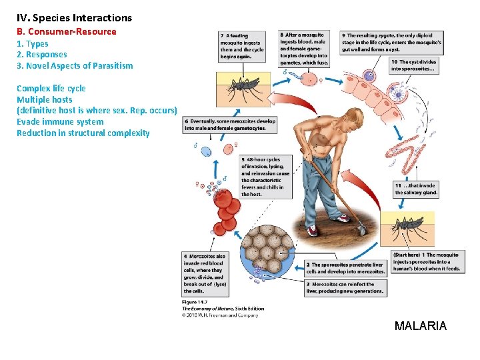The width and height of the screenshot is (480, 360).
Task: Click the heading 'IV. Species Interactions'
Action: point(74,18)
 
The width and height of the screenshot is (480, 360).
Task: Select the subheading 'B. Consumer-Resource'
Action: point(66,31)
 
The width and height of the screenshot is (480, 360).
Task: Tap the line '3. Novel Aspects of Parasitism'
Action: point(74,65)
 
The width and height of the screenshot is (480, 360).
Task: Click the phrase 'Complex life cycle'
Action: point(51,88)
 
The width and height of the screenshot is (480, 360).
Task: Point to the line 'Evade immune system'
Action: point(59,121)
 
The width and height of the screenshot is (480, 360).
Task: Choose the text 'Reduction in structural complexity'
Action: point(83,133)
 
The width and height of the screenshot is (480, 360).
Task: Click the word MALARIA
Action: point(420,326)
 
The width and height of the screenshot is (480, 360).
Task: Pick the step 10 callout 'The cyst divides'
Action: point(413,65)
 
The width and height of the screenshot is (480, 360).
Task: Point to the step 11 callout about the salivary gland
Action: point(416,189)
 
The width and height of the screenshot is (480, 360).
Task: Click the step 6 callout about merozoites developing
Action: point(230,125)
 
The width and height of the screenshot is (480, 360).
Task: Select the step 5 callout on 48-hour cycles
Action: point(265,177)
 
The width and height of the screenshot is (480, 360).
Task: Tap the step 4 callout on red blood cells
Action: point(205,273)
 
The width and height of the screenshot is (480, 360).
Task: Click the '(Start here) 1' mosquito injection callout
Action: point(426,261)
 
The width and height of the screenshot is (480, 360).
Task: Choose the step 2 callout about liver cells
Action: point(344,268)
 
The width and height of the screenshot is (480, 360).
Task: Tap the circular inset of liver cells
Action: point(266,254)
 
